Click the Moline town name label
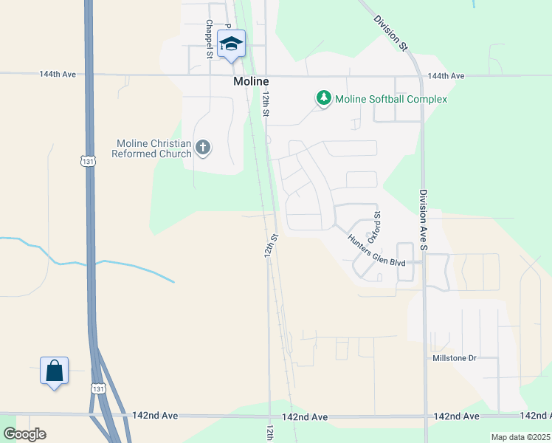[x=250, y=80]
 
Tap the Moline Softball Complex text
[x=391, y=99]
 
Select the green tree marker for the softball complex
[x=323, y=98]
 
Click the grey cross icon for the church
[x=203, y=148]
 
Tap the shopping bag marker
[x=55, y=371]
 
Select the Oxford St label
[x=376, y=224]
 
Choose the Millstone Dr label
[x=455, y=358]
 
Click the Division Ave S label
[x=424, y=219]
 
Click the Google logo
[x=24, y=434]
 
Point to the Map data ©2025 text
[x=520, y=437]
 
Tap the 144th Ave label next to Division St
[x=446, y=76]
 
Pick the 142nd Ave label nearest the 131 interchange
[x=155, y=416]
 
